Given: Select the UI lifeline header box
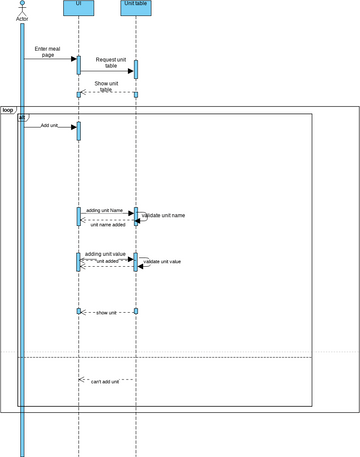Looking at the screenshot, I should (x=78, y=6).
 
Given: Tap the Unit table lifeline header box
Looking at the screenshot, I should (x=135, y=6).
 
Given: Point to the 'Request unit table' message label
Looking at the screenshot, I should (x=111, y=63).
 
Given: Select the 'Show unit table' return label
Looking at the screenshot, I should (x=108, y=86).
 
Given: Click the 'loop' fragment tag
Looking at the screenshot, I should (x=8, y=109).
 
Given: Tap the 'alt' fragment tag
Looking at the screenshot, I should (x=21, y=117).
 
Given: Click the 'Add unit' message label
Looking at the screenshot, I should (x=50, y=126).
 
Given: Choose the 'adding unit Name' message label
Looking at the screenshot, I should (x=104, y=210).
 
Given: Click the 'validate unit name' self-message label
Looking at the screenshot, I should (x=164, y=216).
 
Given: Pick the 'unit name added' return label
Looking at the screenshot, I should (x=107, y=225).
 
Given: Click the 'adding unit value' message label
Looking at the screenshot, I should (x=106, y=254).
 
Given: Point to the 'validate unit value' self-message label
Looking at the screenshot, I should (x=163, y=261).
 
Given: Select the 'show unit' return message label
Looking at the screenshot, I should (x=106, y=313).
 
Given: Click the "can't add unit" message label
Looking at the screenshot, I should (x=105, y=382).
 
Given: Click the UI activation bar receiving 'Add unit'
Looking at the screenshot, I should (x=78, y=131).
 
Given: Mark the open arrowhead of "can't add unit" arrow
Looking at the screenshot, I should (x=80, y=379).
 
